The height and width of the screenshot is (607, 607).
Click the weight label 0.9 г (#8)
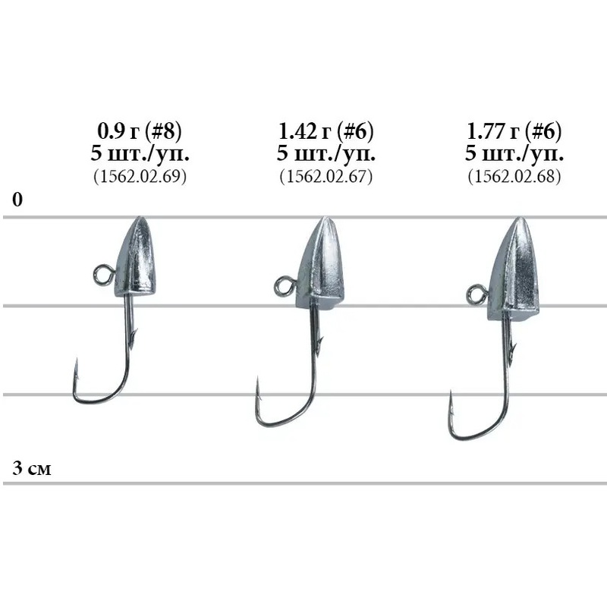point(140,131)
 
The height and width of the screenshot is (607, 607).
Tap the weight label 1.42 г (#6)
point(326,131)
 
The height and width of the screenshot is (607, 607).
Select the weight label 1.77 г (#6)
point(514,131)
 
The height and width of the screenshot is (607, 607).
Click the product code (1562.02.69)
point(140,177)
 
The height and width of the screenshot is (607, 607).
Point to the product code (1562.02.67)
point(326,177)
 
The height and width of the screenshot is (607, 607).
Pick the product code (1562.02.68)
point(514,177)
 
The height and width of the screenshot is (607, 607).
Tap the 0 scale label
point(17,200)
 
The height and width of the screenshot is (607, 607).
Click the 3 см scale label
point(32,468)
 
